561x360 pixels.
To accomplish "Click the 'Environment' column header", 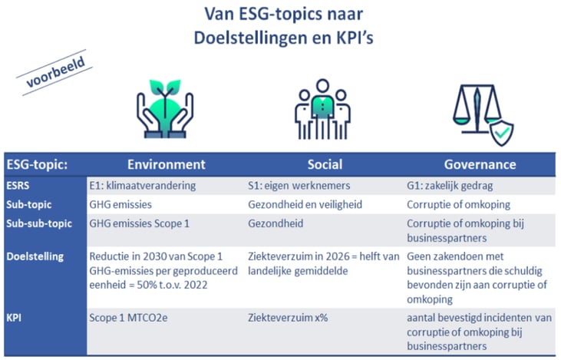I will pyautogui.click(x=166, y=164).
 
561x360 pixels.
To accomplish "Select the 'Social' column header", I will pyautogui.click(x=325, y=164).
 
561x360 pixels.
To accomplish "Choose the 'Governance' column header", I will pyautogui.click(x=480, y=164).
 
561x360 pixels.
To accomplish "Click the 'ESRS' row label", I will pyautogui.click(x=21, y=186).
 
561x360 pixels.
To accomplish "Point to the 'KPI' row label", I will pyautogui.click(x=16, y=315).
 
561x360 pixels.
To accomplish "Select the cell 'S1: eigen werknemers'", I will pyautogui.click(x=300, y=186).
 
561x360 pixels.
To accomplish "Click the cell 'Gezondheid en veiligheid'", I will pyautogui.click(x=305, y=205).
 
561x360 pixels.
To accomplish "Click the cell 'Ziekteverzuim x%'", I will pyautogui.click(x=289, y=315).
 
